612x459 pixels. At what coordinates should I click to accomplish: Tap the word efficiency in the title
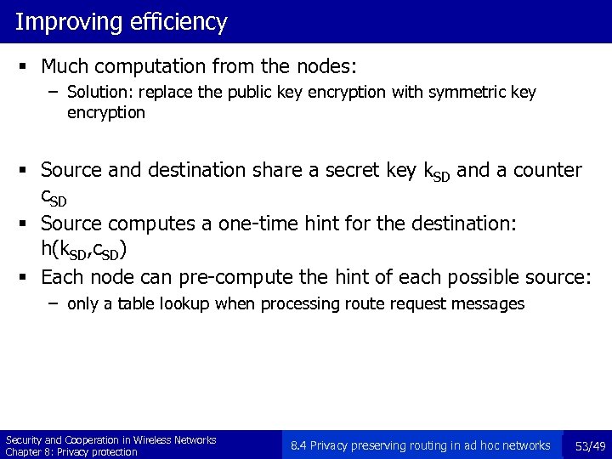coord(179,21)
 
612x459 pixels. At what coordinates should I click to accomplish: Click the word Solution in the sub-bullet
coord(95,93)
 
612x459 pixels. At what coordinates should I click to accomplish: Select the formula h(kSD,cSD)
coord(85,250)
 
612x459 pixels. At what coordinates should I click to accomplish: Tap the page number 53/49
coord(590,445)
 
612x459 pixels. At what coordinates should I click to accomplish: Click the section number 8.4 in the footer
coord(299,445)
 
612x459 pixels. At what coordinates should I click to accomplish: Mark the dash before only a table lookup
coord(54,303)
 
